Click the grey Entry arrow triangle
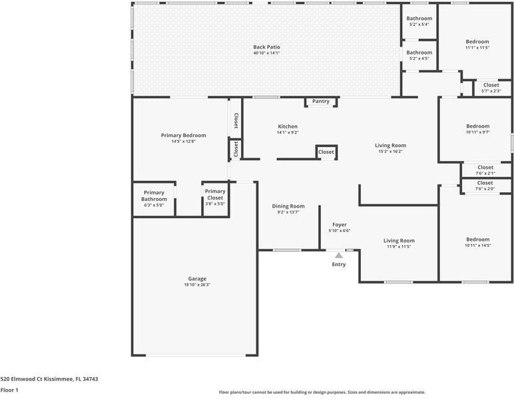pos(339,255)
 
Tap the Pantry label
pos(321,101)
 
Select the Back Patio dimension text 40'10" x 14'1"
pos(266,53)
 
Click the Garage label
pos(197,279)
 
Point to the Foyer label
pos(340,225)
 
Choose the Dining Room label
pos(288,206)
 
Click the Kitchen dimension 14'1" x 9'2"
pos(288,132)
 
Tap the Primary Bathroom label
pos(154,196)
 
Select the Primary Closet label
pos(215,194)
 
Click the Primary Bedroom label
pos(184,135)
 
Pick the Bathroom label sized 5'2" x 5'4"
pos(419,19)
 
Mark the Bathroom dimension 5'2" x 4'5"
pos(419,59)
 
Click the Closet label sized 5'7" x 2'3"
pos(491,85)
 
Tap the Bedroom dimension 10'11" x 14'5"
pos(478,245)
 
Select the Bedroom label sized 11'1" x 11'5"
pos(477,42)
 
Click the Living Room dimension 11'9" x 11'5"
pos(399,247)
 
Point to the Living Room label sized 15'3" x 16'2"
pos(390,146)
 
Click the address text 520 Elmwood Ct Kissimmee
pos(37,379)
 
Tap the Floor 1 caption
pos(9,390)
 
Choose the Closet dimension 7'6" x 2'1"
pos(485,174)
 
